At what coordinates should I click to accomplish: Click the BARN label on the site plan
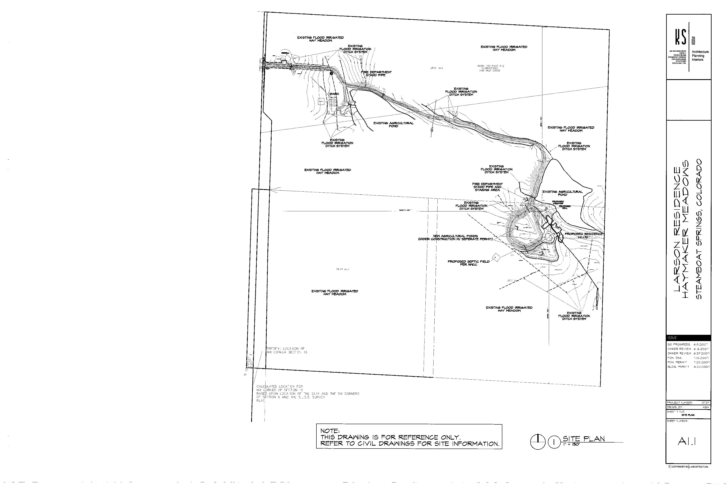click(334, 94)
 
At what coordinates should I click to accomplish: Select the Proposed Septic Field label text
click(468, 263)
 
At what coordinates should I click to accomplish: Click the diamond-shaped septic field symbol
click(496, 257)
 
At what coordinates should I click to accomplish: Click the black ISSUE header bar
click(688, 338)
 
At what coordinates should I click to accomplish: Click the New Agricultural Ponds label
click(455, 237)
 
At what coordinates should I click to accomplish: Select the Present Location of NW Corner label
click(286, 350)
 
